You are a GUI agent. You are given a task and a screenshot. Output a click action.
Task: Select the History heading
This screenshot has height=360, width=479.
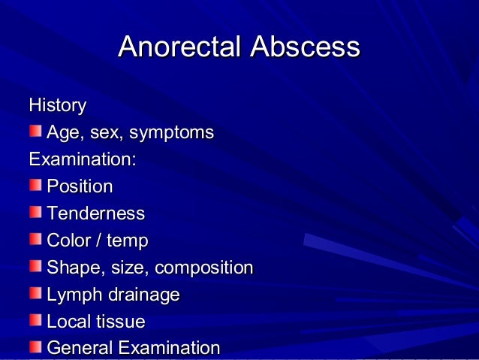point(57,105)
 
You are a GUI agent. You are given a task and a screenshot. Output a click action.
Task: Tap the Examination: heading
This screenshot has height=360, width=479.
point(82,159)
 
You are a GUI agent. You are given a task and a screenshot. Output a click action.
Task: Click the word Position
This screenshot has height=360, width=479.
point(80,186)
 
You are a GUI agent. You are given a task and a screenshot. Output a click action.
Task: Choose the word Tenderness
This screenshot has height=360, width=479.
point(95,213)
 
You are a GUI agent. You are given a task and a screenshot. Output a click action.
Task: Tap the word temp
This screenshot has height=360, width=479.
point(127,241)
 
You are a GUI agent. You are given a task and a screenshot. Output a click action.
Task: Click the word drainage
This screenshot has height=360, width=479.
point(143,295)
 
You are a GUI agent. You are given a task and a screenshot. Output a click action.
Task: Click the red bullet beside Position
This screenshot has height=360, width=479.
point(36,185)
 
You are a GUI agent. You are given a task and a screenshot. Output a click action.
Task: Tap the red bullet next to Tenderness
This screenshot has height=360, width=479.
point(36,212)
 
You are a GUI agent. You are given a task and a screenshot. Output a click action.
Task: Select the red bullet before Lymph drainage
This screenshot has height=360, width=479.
point(36,293)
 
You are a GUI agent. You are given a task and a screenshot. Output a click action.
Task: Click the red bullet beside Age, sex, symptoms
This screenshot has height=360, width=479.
point(36,132)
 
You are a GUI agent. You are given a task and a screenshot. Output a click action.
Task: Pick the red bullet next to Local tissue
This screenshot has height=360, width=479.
point(36,320)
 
